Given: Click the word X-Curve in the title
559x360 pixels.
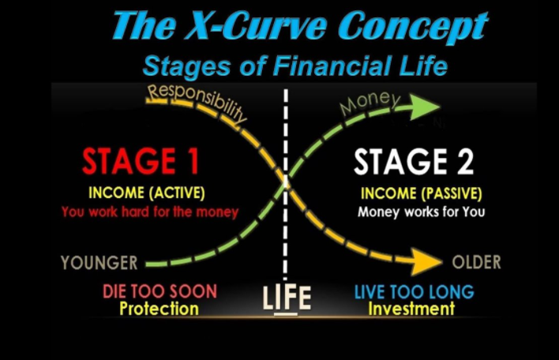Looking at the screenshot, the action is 256,25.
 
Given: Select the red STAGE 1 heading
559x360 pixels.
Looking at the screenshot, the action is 141,161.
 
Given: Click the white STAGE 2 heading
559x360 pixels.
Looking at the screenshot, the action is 414,162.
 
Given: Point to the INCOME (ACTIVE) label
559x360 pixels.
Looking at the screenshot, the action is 147,193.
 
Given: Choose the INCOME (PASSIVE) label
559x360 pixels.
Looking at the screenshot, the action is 422,193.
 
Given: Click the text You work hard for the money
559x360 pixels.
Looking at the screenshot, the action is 150,212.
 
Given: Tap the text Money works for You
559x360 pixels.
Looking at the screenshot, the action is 422,212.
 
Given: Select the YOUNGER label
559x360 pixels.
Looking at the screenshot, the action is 99,263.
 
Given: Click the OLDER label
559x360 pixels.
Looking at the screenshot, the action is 476,262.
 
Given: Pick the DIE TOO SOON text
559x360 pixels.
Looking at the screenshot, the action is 159,291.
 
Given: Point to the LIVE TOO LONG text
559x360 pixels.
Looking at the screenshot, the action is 415,292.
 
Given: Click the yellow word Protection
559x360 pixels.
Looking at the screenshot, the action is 159,309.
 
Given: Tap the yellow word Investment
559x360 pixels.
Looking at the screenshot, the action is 411,309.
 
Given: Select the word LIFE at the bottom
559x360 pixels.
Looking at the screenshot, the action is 287,298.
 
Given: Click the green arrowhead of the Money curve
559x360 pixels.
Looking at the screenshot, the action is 424,107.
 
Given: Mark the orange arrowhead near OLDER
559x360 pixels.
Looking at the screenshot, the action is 426,262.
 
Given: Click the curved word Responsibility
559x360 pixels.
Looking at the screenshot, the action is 197,101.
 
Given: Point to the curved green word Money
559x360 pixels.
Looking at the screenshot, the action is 370,103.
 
